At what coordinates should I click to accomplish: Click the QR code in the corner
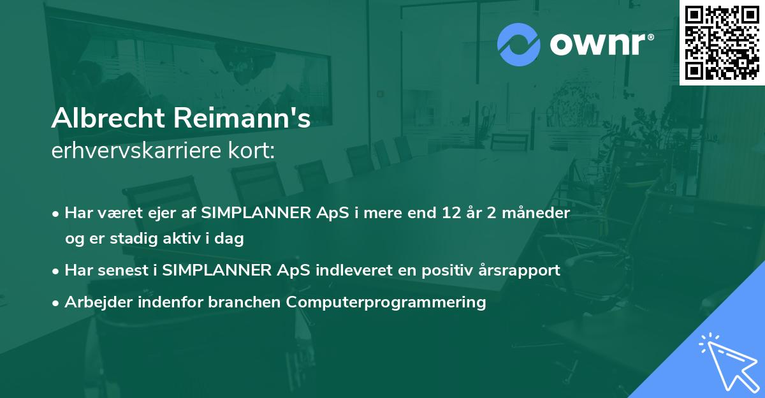click(x=722, y=42)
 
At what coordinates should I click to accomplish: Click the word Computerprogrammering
click(x=386, y=302)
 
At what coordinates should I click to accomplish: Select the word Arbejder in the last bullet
click(x=94, y=302)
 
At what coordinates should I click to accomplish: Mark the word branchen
click(x=244, y=302)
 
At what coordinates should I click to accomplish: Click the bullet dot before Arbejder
click(x=57, y=302)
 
